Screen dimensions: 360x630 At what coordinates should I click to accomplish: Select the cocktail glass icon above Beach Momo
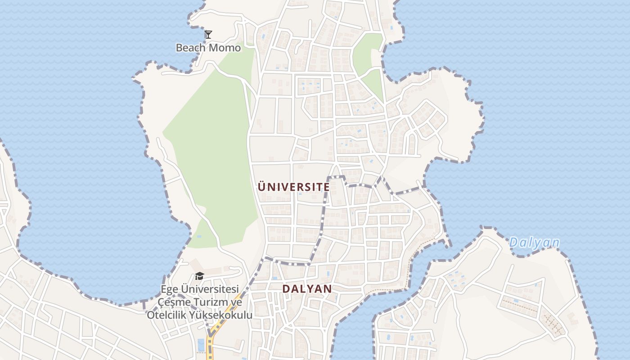pos(208,34)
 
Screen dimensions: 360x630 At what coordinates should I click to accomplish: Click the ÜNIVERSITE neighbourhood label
pos(293,187)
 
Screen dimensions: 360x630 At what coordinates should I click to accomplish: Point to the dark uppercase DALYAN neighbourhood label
pos(307,289)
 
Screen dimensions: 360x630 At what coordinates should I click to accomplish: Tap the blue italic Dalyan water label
pos(534,243)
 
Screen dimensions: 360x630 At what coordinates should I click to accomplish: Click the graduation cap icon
pos(199,275)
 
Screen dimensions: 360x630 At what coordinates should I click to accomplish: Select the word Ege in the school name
pos(170,289)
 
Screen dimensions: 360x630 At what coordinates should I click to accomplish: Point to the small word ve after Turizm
pos(237,302)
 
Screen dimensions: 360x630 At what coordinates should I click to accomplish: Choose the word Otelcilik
pos(167,315)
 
